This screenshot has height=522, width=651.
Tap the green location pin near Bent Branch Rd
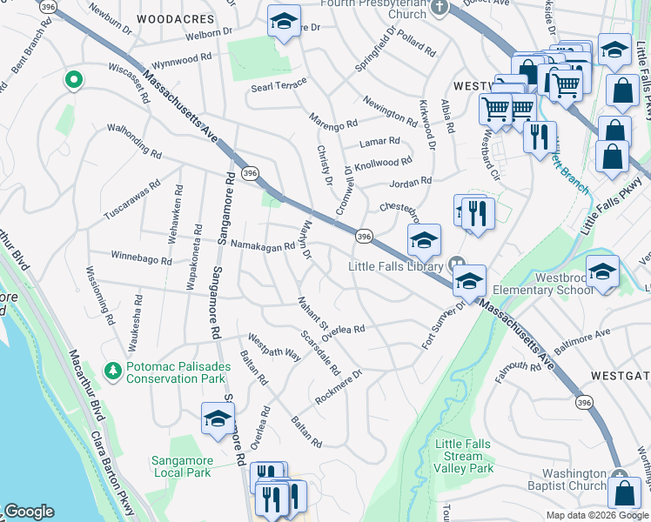pos(74,81)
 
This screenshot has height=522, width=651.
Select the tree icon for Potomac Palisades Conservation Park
pos(111,372)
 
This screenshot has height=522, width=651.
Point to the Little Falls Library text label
pos(397,265)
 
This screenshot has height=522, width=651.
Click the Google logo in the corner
pos(29,512)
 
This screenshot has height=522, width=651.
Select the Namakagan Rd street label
pos(262,247)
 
